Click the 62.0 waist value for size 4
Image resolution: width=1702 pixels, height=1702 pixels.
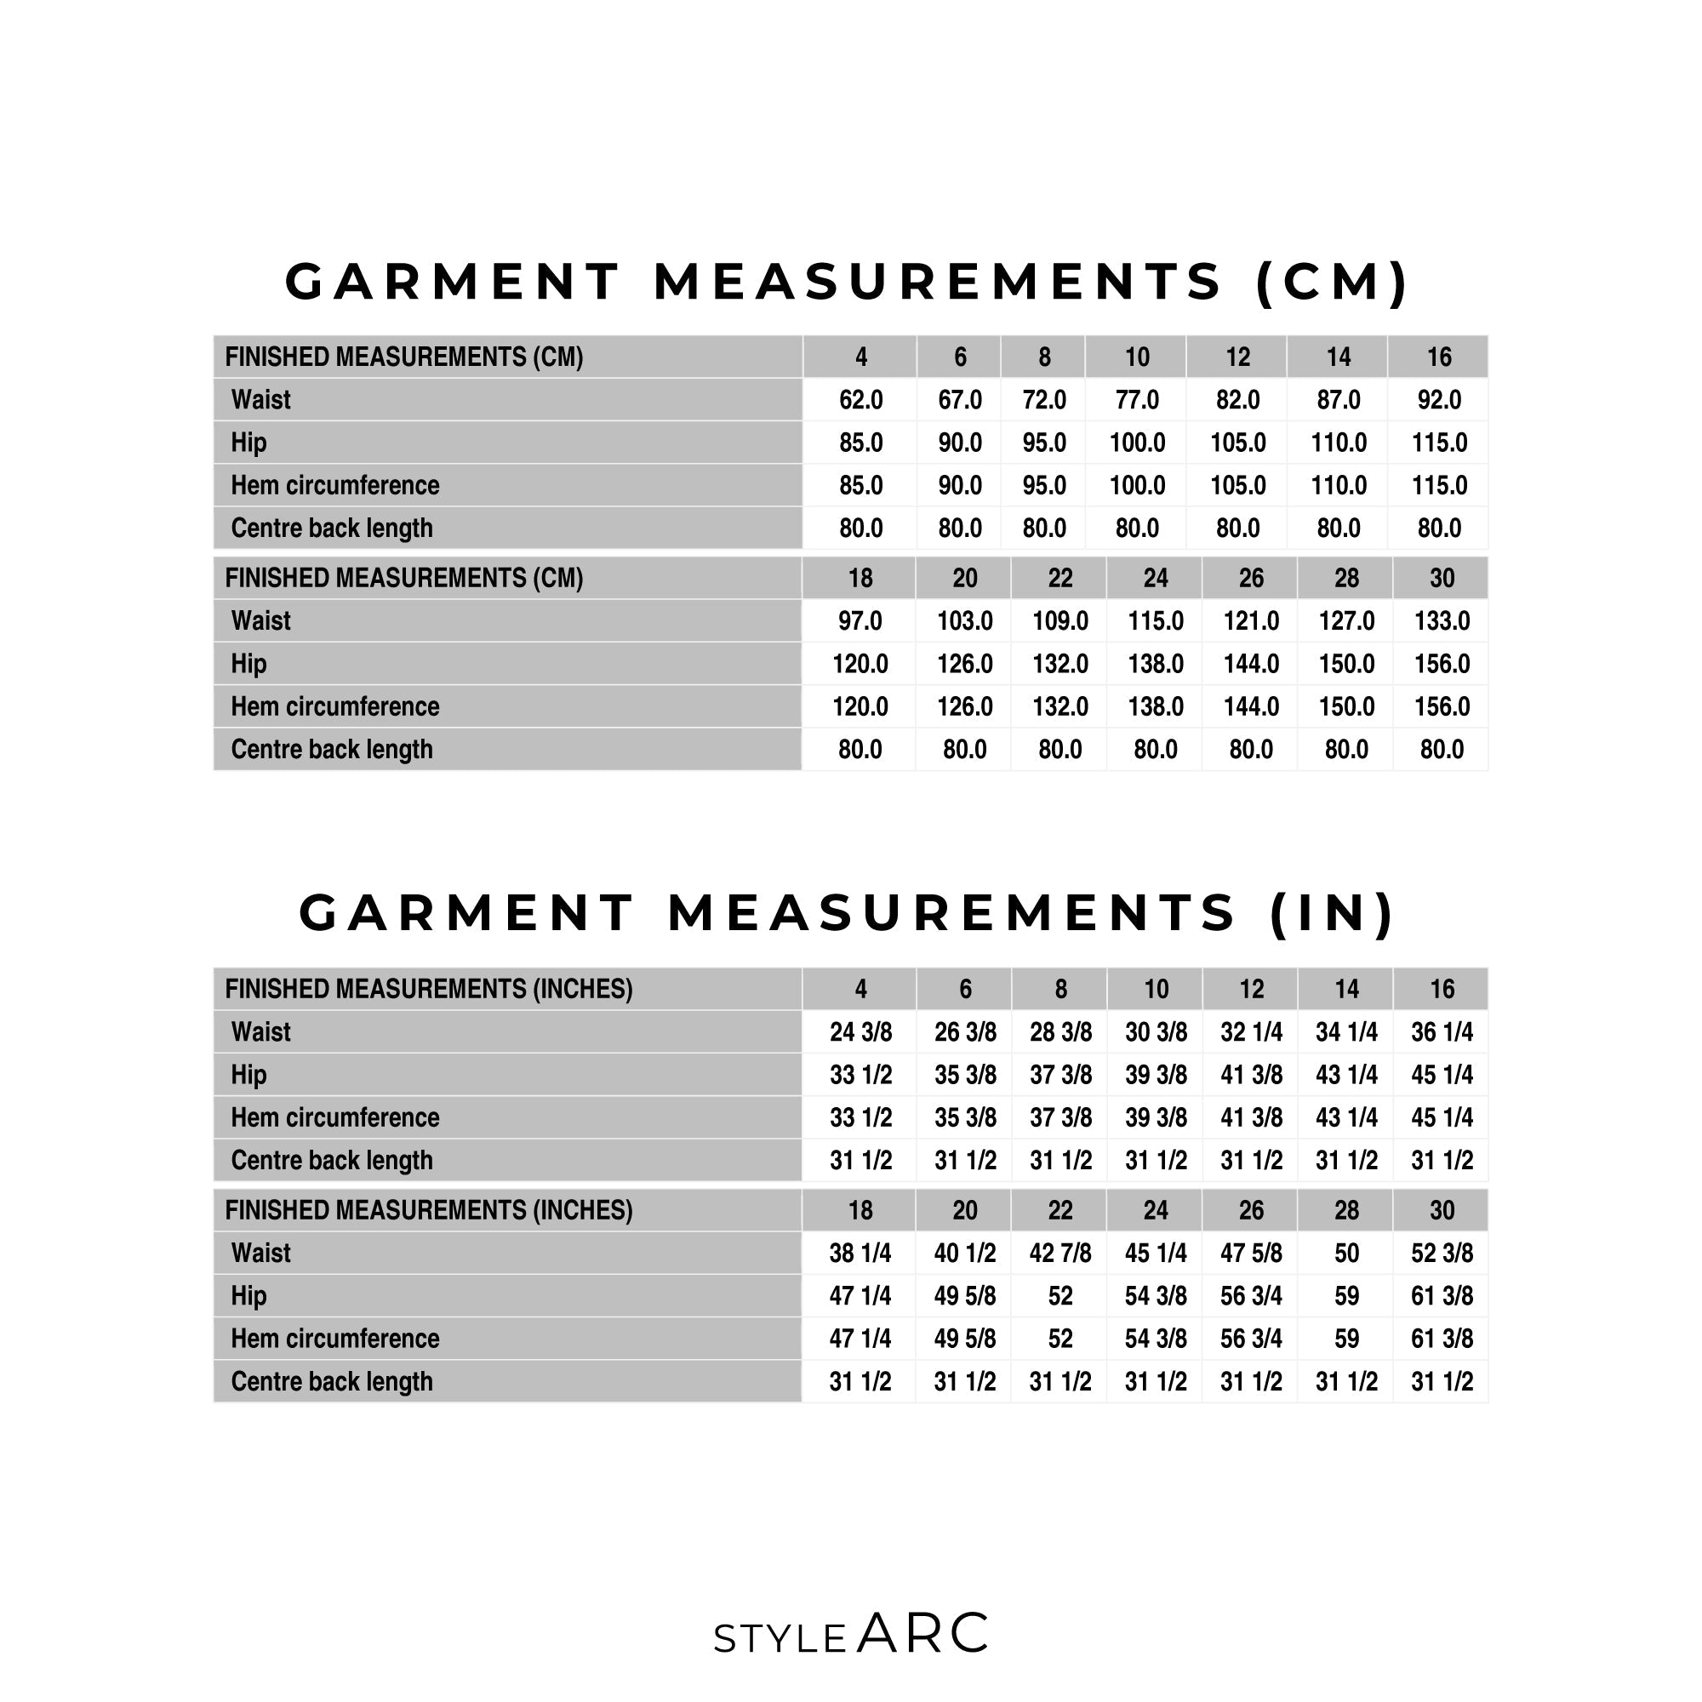(x=860, y=400)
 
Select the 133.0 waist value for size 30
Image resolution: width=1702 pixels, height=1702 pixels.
(x=1442, y=621)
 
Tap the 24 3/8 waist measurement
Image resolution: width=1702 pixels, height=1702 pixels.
(x=860, y=1031)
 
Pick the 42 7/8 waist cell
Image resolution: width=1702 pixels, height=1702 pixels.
(x=1059, y=1253)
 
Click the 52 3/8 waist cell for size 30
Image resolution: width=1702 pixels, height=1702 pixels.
(x=1442, y=1253)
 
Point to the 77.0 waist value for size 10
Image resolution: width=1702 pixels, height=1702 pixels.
(x=1136, y=400)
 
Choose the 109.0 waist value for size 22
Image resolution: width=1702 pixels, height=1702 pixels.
(x=1059, y=621)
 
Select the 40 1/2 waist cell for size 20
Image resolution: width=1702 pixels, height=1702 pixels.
(x=965, y=1253)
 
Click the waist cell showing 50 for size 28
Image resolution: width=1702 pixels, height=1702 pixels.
(x=1346, y=1253)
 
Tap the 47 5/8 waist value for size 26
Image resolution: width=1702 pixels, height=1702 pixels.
(x=1251, y=1253)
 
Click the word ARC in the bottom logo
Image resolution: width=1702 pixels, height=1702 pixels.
(x=923, y=1633)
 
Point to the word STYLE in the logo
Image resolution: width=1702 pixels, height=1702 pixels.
(x=780, y=1638)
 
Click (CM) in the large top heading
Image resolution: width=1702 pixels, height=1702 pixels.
(x=1332, y=282)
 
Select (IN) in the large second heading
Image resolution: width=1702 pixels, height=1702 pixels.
(x=1332, y=912)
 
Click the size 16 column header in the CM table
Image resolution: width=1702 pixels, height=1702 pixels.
(x=1438, y=357)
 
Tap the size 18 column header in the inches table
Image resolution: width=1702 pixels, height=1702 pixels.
(x=860, y=1210)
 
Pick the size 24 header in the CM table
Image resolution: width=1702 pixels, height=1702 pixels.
(x=1155, y=578)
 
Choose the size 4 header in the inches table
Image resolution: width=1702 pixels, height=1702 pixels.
(x=860, y=990)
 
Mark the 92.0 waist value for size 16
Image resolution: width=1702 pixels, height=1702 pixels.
(x=1438, y=400)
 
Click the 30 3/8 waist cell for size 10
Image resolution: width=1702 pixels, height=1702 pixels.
(x=1156, y=1031)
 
